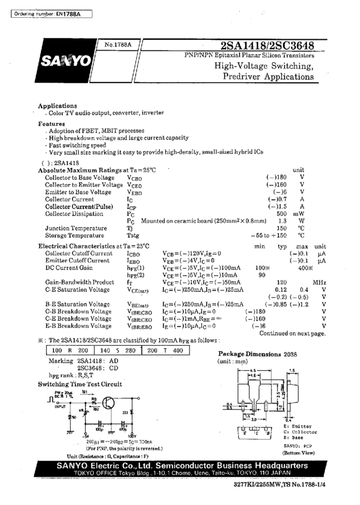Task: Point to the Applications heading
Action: point(58,105)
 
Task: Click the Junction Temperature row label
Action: point(78,228)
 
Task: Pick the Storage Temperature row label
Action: point(78,235)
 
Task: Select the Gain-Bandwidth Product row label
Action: point(80,282)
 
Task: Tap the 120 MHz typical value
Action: point(282,282)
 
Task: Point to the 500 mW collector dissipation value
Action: point(282,213)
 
